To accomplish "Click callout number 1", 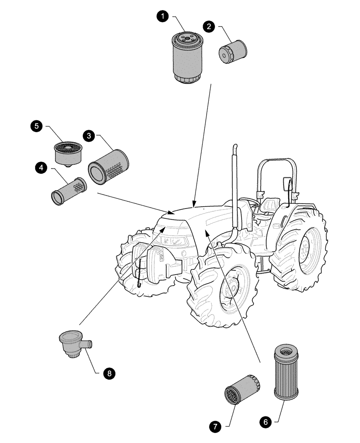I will (164, 16).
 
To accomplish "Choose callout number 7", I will (215, 427).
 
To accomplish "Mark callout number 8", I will (107, 373).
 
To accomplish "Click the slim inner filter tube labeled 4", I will (69, 191).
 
